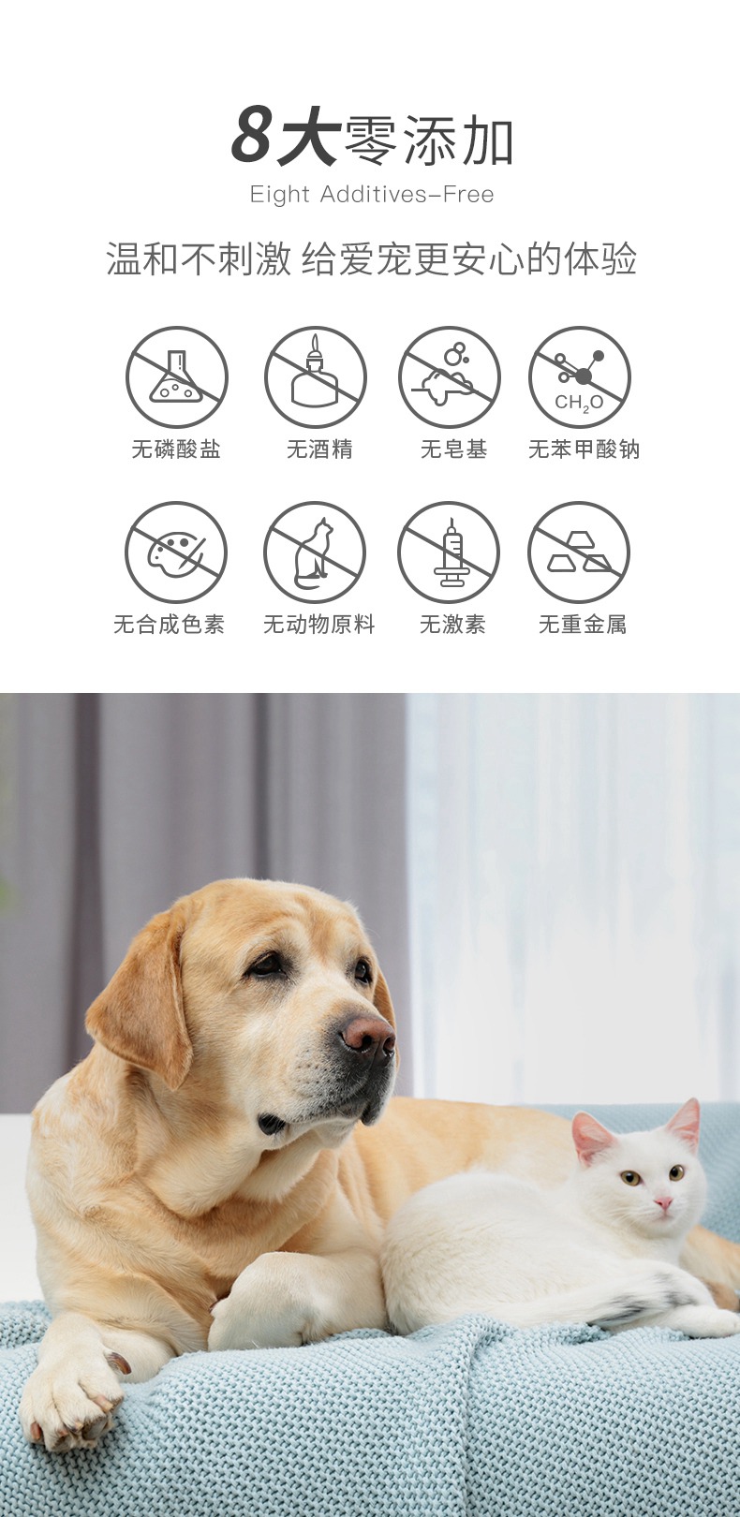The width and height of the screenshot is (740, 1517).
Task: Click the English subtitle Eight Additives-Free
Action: [371, 195]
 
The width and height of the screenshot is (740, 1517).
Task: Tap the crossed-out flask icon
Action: [177, 377]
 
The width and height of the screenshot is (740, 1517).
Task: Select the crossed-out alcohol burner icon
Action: [315, 377]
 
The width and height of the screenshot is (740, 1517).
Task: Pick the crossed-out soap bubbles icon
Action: [450, 377]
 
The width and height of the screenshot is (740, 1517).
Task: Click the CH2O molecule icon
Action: [580, 377]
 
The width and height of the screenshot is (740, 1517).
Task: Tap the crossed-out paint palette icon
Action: [176, 552]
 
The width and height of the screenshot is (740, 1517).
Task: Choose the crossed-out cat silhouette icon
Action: [315, 552]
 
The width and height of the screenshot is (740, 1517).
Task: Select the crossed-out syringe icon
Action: [450, 552]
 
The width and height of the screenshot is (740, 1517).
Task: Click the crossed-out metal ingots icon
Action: [580, 552]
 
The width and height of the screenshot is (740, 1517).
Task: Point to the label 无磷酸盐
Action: [176, 449]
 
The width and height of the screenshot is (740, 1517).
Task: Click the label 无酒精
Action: [319, 449]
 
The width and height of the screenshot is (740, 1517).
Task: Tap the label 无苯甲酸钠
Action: [584, 449]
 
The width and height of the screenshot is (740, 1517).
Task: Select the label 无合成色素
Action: [170, 625]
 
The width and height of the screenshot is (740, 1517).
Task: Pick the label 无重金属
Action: [583, 625]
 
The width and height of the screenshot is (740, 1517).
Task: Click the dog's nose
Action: [366, 1034]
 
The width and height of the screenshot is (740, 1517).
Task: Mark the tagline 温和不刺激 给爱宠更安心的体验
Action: [371, 259]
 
